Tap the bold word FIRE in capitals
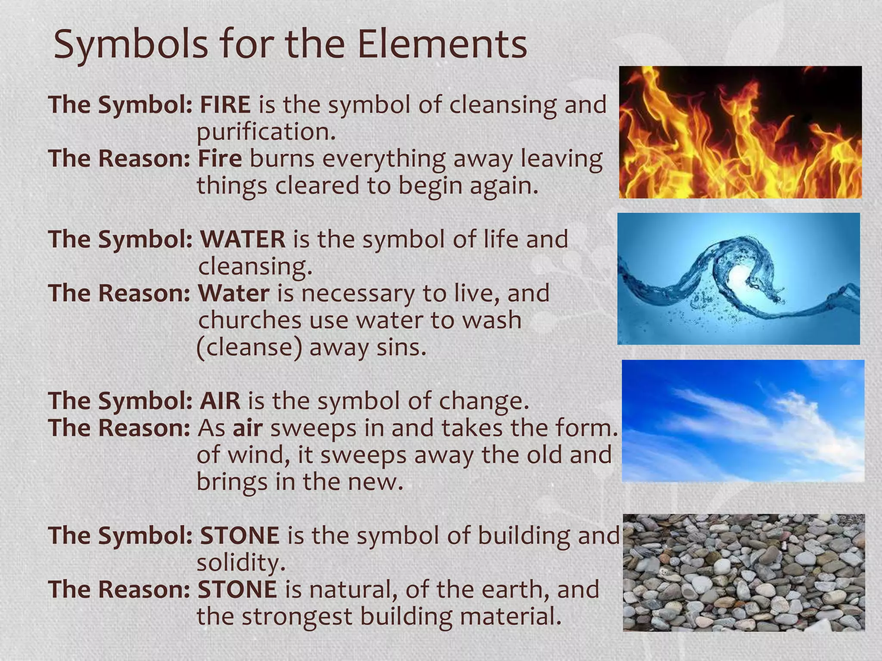click(225, 105)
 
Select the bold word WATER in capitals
click(243, 239)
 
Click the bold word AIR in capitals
click(220, 401)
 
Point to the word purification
click(266, 132)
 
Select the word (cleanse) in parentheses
click(249, 347)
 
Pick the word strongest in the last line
click(297, 616)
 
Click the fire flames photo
click(740, 132)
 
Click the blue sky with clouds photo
click(742, 420)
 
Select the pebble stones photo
click(743, 572)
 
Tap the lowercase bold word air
click(248, 428)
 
